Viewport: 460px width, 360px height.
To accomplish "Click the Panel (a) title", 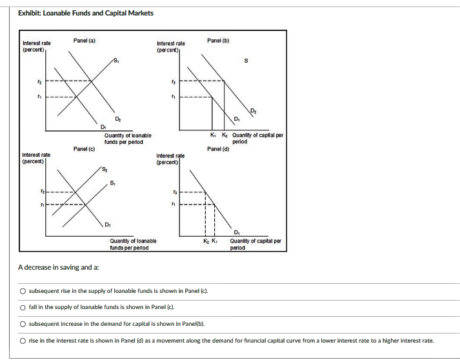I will pyautogui.click(x=84, y=41).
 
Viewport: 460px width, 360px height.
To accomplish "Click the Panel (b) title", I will pyautogui.click(x=218, y=41).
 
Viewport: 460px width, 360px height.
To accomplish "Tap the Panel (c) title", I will pyautogui.click(x=84, y=149).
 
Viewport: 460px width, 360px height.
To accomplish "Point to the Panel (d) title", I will pyautogui.click(x=218, y=149).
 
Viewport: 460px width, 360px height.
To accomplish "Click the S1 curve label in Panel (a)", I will pyautogui.click(x=115, y=61).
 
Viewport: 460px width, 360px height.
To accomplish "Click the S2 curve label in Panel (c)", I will pyautogui.click(x=105, y=168).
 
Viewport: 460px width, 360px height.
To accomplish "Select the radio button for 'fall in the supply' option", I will pyautogui.click(x=23, y=308).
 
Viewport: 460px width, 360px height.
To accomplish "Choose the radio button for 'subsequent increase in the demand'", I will pyautogui.click(x=23, y=324).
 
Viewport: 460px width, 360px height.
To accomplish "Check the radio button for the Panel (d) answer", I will pyautogui.click(x=23, y=340).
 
